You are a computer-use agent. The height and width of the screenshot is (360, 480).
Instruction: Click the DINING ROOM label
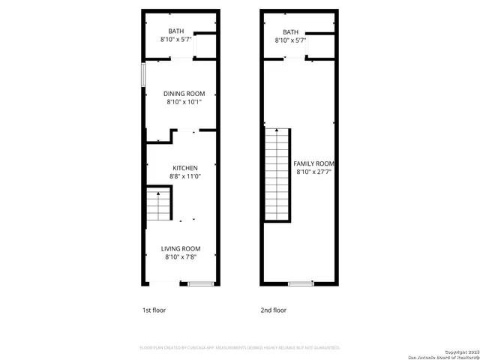click(184, 94)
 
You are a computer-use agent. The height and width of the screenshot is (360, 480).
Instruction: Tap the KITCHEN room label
click(184, 168)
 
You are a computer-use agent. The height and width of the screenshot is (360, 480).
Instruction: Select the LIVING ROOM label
click(181, 249)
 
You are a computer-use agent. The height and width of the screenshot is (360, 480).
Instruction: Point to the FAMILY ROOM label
click(313, 163)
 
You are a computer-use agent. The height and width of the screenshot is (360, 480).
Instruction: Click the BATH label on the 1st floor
click(175, 31)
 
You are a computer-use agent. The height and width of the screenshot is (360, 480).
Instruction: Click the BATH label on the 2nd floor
click(290, 31)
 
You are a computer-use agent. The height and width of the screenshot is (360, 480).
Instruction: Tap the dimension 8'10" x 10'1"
click(184, 102)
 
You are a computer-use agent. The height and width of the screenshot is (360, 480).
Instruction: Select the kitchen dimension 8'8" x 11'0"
click(184, 176)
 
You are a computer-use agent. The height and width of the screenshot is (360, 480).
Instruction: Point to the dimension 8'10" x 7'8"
click(181, 257)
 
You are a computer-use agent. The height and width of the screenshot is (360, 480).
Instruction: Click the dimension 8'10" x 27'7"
click(313, 172)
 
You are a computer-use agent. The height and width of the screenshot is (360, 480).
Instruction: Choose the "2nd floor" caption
click(273, 310)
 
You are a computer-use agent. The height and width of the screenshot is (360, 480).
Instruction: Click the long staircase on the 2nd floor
click(277, 174)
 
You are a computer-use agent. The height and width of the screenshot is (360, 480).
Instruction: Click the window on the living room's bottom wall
click(199, 283)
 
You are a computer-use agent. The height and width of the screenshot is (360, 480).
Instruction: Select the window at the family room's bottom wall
click(300, 283)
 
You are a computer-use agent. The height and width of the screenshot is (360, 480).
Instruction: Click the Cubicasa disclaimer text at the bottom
click(240, 348)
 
